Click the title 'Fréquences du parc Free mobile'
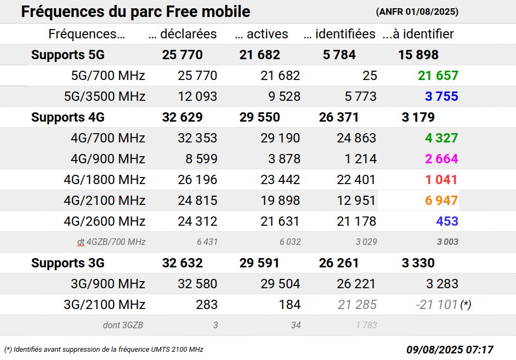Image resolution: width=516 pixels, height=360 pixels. [x=135, y=12]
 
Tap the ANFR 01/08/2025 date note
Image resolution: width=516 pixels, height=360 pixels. [x=417, y=12]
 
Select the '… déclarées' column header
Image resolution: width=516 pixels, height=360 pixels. [x=183, y=34]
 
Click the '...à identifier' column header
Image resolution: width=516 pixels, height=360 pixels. [x=418, y=34]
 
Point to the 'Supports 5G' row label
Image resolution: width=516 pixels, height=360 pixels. [x=67, y=55]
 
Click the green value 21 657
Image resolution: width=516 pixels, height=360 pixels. [x=438, y=76]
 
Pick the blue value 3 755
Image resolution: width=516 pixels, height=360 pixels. [x=441, y=96]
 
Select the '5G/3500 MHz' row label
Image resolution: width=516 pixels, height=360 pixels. [x=105, y=96]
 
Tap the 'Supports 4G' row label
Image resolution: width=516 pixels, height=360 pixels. [x=67, y=117]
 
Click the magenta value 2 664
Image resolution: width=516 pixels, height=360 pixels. [x=441, y=159]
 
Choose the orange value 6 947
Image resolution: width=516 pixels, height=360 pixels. [x=441, y=201]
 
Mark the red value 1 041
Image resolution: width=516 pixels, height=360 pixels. [x=441, y=180]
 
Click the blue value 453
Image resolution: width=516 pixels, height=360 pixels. [x=447, y=221]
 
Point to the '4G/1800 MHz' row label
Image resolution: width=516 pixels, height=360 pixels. [x=105, y=180]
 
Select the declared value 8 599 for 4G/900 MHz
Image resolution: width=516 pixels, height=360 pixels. [x=197, y=159]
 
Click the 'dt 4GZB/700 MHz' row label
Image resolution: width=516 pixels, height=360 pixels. [x=111, y=242]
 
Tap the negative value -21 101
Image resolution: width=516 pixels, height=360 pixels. [x=436, y=305]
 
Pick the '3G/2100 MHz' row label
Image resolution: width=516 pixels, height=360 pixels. [x=105, y=305]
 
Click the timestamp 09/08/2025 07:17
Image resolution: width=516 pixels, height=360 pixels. [x=450, y=350]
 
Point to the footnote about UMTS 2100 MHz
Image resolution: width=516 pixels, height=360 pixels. [x=104, y=350]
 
